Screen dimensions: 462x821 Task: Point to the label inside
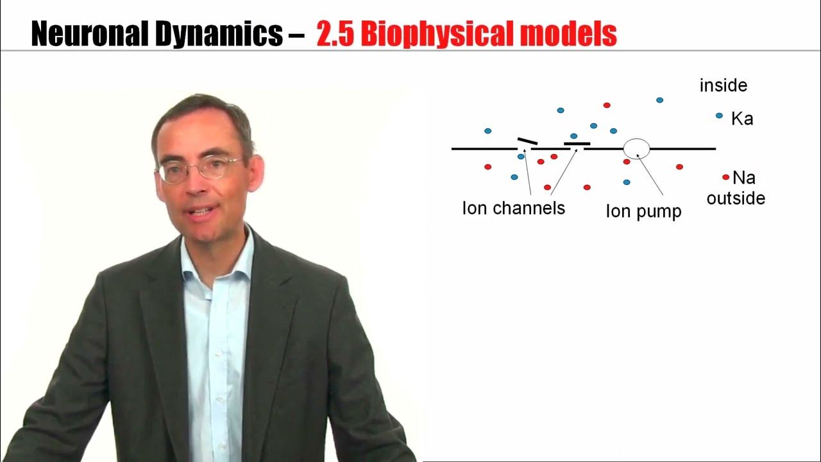[x=724, y=85]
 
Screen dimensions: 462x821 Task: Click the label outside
[x=736, y=198]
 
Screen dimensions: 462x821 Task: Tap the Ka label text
[x=742, y=119]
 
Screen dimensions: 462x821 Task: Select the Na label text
[x=743, y=178]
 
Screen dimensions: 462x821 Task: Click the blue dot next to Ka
[x=720, y=116]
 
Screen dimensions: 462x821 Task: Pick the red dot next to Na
[x=725, y=177]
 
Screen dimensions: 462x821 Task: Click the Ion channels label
[x=513, y=209]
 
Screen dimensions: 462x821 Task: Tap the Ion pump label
[x=643, y=212]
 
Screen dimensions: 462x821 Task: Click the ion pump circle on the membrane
[x=636, y=148]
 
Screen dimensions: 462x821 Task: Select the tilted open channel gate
[x=528, y=141]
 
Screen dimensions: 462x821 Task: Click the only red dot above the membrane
[x=607, y=105]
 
